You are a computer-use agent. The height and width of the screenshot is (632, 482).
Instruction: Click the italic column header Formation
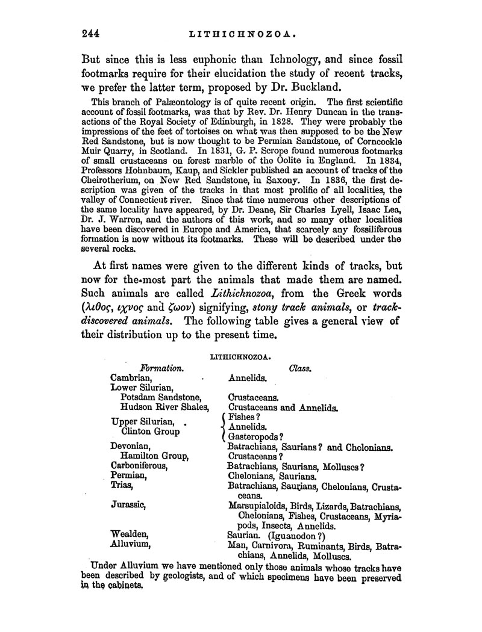coord(161,367)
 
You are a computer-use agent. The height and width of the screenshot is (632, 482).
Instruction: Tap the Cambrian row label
coord(131,377)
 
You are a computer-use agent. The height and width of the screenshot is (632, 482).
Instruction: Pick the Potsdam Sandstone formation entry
coord(160,397)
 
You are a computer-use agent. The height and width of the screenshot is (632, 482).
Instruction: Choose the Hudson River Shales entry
coord(164,407)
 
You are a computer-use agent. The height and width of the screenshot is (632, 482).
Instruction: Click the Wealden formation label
coord(130,533)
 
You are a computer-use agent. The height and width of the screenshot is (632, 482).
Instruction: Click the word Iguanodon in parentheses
coord(296,534)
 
